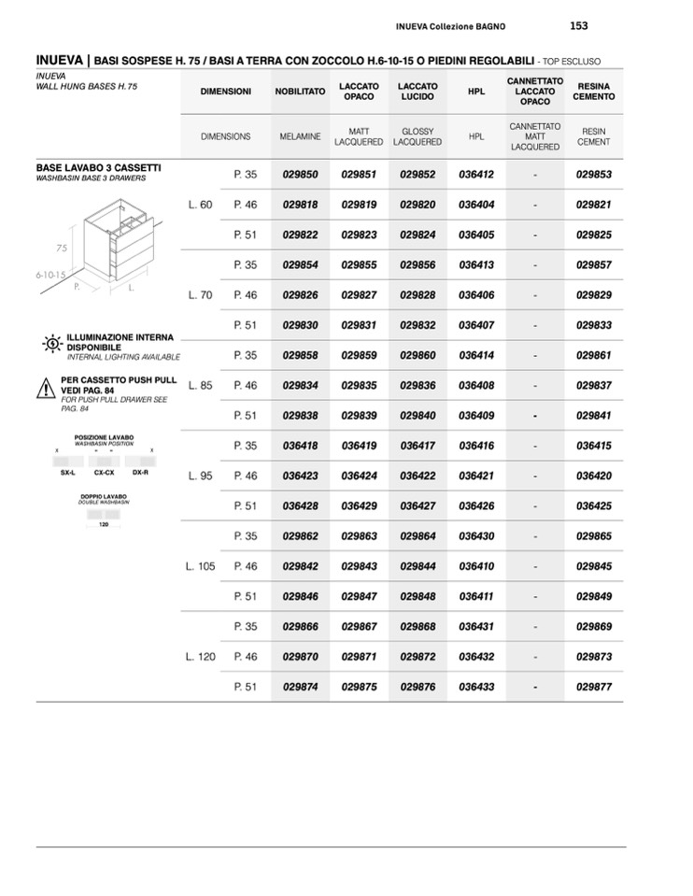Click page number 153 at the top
click(578, 26)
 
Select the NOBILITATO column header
click(300, 92)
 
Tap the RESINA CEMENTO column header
click(594, 92)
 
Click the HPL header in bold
click(476, 92)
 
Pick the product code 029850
click(300, 175)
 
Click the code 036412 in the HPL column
click(476, 175)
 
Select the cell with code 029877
click(594, 687)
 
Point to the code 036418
click(300, 446)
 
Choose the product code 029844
click(417, 566)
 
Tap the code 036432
click(476, 657)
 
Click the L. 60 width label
click(200, 205)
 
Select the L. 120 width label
click(201, 657)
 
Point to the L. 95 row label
click(200, 476)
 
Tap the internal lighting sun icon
click(52, 344)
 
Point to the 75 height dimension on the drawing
click(62, 249)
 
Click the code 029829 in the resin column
click(594, 295)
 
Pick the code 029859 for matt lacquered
click(359, 355)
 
